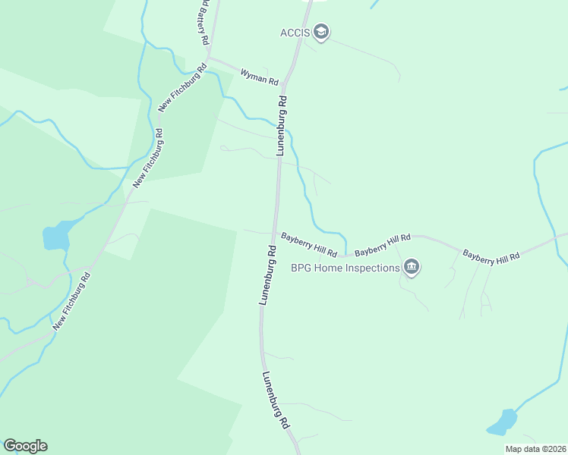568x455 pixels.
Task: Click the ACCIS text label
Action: click(x=296, y=32)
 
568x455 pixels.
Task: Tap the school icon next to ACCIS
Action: click(x=321, y=33)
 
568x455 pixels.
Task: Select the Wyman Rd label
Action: click(x=260, y=76)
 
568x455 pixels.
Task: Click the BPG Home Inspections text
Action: click(x=346, y=268)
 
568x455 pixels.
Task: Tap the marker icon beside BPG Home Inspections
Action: click(x=412, y=267)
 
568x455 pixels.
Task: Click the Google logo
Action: click(x=25, y=446)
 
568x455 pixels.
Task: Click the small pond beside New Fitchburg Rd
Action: click(x=55, y=237)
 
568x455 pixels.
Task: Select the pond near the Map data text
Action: click(x=502, y=421)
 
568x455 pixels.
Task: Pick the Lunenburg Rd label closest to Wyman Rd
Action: click(x=282, y=125)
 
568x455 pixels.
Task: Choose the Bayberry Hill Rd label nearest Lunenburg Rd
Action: click(x=308, y=244)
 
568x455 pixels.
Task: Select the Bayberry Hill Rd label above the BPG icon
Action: click(x=383, y=244)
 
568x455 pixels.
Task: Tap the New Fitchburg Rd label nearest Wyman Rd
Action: click(x=181, y=89)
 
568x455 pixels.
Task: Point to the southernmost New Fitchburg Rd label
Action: click(x=72, y=301)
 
